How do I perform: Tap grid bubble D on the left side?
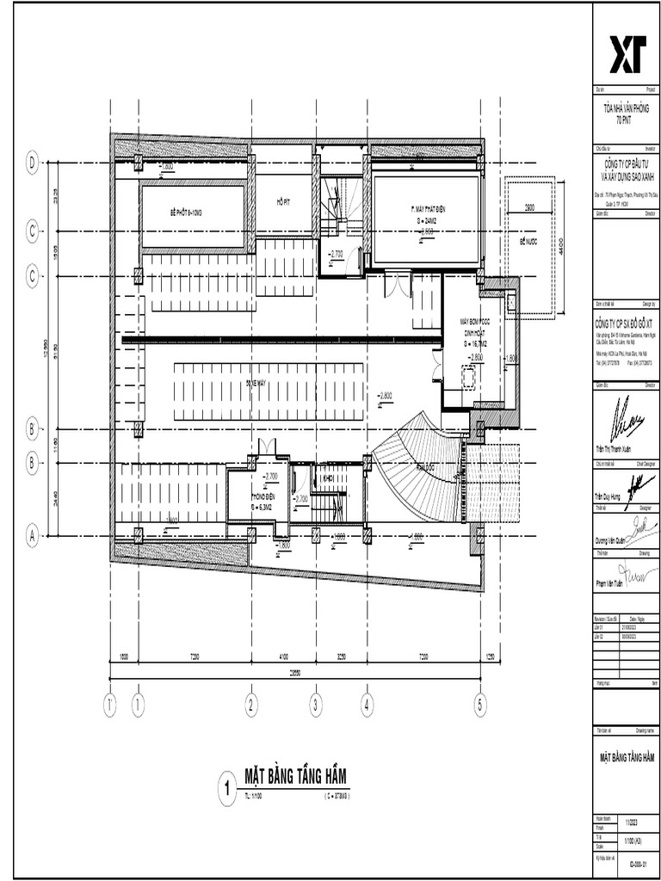(33, 162)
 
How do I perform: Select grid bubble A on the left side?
(33, 536)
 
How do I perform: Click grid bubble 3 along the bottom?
(316, 705)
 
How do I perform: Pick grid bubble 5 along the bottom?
(480, 705)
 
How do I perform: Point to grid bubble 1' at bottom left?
(111, 705)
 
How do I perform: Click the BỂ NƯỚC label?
(528, 243)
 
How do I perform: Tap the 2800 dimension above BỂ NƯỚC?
(528, 208)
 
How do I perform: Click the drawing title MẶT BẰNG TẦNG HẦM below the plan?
(296, 778)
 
